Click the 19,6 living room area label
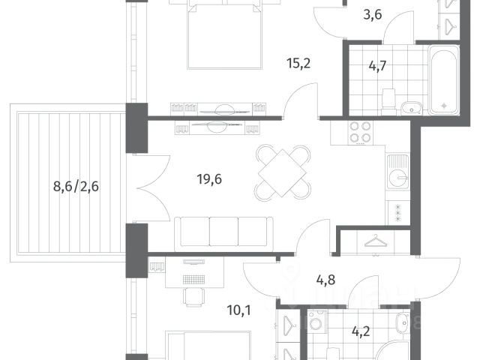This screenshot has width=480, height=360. [209, 179]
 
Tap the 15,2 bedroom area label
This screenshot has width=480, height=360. [298, 64]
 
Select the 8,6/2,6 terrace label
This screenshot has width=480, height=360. [76, 186]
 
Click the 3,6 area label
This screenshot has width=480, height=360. [373, 15]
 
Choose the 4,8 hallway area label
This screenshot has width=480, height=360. [325, 280]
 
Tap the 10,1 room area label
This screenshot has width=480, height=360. [238, 310]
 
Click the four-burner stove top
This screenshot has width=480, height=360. [360, 132]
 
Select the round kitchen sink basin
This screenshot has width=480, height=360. [398, 178]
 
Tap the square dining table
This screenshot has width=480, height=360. [282, 173]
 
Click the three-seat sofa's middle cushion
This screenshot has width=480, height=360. [223, 232]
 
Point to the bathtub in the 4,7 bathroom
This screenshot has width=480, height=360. [443, 80]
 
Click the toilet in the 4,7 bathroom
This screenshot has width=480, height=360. [388, 98]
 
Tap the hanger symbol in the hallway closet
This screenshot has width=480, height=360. [376, 241]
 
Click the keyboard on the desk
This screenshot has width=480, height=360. [193, 279]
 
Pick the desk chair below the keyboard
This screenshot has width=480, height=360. [193, 297]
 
